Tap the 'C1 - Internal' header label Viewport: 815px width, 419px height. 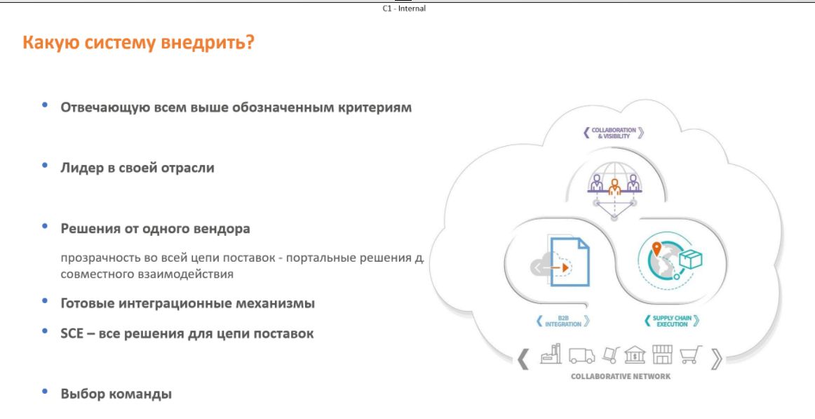coord(404,9)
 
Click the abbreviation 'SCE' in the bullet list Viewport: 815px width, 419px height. coord(72,333)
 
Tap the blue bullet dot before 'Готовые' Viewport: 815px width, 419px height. coord(45,301)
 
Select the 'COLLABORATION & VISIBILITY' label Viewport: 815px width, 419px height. coord(613,133)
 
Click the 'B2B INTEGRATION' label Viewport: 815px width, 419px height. coord(563,321)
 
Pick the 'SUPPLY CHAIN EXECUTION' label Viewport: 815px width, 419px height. coord(672,321)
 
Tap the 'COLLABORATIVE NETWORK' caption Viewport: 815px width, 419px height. coord(621,376)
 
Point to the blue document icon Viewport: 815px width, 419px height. coord(570,262)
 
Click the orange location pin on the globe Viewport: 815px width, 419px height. coord(656,249)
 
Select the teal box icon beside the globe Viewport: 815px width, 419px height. coord(691,258)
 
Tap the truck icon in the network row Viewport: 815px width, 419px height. coord(581,356)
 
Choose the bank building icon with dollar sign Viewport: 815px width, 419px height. coord(635,354)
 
